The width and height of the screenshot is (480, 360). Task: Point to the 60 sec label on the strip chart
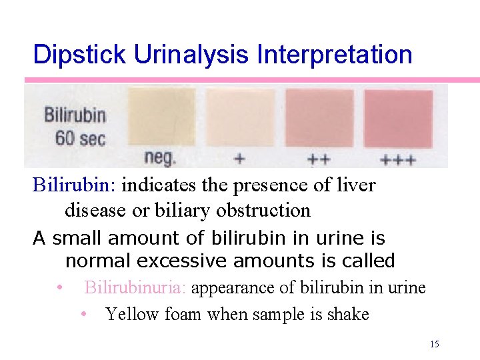[80, 139]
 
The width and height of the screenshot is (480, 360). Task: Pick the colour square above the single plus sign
[240, 117]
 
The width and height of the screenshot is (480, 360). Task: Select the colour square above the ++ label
[319, 117]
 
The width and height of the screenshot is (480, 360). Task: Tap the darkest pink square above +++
[398, 117]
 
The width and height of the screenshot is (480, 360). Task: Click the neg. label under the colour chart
[161, 158]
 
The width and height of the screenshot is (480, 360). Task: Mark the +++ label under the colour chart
[398, 159]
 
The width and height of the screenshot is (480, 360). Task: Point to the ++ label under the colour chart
[319, 159]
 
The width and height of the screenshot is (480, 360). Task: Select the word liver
[359, 185]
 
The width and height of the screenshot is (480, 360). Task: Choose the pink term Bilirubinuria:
[137, 288]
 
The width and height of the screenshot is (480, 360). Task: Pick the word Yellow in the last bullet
[129, 314]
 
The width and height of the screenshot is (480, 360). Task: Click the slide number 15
[435, 344]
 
